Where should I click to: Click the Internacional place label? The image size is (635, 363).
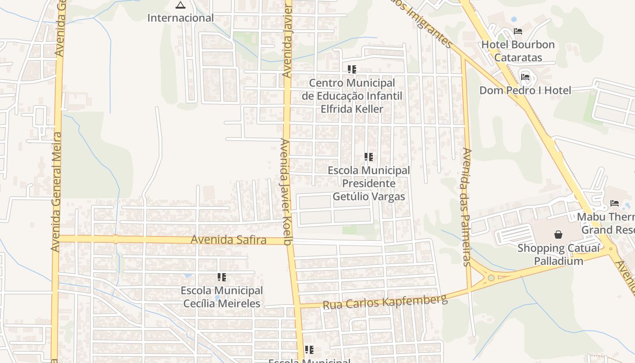pos(181,18)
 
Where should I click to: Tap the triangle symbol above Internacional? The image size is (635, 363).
pos(181,5)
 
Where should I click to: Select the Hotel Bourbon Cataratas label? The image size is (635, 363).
pos(518,51)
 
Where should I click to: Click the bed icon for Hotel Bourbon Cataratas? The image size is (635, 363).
pos(518,31)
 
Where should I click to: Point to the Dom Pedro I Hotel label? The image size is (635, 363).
pos(525,90)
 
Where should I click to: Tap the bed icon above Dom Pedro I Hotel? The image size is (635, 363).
pos(525,77)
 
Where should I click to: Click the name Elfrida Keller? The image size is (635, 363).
pos(352,109)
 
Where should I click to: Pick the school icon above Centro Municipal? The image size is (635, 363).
pos(352,69)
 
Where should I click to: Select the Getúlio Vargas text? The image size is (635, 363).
pos(369,196)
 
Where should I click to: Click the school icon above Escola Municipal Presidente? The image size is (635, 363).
pos(369,157)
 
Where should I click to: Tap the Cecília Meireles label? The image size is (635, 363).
pos(222,304)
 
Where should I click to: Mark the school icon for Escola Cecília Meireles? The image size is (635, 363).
pos(222,277)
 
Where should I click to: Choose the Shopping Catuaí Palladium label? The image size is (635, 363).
pos(558,255)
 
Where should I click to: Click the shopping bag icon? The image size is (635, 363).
pos(558,235)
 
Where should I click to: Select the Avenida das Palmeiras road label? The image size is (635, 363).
pos(467,206)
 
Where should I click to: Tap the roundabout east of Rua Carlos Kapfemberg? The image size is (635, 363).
pos(491,278)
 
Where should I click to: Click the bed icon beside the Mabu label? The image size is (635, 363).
pos(615,203)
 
